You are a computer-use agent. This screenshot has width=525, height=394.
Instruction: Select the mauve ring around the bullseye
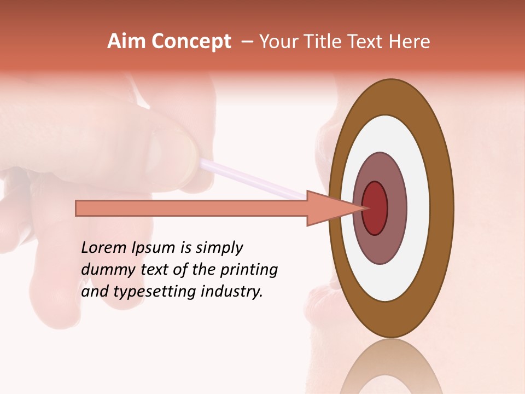(x=397, y=208)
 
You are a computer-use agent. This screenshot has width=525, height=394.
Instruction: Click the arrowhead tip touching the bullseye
(x=363, y=208)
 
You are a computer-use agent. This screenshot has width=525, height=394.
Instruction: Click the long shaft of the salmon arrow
(x=191, y=208)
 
